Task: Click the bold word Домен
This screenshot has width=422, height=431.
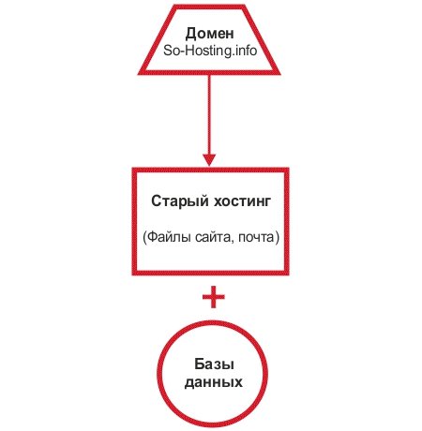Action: tap(209, 34)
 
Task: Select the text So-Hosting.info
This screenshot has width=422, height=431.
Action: tap(210, 51)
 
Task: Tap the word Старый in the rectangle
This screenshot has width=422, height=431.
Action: tap(180, 201)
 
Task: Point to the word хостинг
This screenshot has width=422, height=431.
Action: tap(242, 201)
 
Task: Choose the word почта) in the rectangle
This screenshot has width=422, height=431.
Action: tap(259, 238)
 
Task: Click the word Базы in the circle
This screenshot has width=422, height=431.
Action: tap(214, 364)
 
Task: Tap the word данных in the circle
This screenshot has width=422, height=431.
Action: tap(214, 382)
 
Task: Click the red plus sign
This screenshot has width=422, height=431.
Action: tap(214, 297)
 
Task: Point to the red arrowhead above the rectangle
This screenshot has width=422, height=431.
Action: tap(209, 160)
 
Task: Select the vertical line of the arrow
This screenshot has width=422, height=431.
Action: tap(209, 114)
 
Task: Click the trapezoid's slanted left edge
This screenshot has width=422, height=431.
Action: tap(156, 40)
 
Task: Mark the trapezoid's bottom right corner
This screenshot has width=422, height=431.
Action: tap(279, 74)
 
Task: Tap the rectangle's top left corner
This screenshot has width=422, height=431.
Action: tap(133, 169)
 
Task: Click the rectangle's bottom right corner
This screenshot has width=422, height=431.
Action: tap(288, 275)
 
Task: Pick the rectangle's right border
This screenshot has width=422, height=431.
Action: tap(286, 221)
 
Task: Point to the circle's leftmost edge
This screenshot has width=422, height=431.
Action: tap(158, 374)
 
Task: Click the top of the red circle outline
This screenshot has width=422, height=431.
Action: tap(213, 323)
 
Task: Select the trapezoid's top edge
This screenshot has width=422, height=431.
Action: tap(209, 7)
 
